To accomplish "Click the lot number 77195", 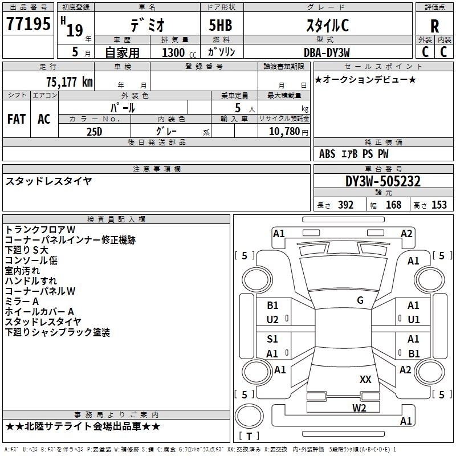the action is click(x=28, y=23).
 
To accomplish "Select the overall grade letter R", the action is click(x=434, y=26).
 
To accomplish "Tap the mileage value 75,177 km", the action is click(x=69, y=82).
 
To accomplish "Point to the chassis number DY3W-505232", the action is click(x=383, y=181).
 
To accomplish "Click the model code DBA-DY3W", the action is click(x=327, y=52).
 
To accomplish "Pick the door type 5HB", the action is click(x=221, y=25).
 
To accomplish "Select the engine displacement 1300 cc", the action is click(x=179, y=52).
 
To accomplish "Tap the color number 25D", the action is click(x=94, y=132).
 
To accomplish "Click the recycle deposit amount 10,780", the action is click(x=284, y=132).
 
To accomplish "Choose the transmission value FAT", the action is click(x=17, y=119).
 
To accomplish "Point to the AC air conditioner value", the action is click(x=44, y=119).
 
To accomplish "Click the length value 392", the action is click(x=345, y=205).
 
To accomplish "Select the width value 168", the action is click(x=393, y=205).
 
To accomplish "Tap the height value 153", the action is click(x=439, y=205).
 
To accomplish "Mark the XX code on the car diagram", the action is click(x=365, y=379).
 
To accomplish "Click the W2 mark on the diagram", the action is click(x=359, y=408).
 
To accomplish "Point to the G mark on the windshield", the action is click(x=360, y=300).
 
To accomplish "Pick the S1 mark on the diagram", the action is click(x=272, y=339).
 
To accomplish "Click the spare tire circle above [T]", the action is click(x=249, y=416).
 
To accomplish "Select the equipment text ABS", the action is click(x=327, y=154).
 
